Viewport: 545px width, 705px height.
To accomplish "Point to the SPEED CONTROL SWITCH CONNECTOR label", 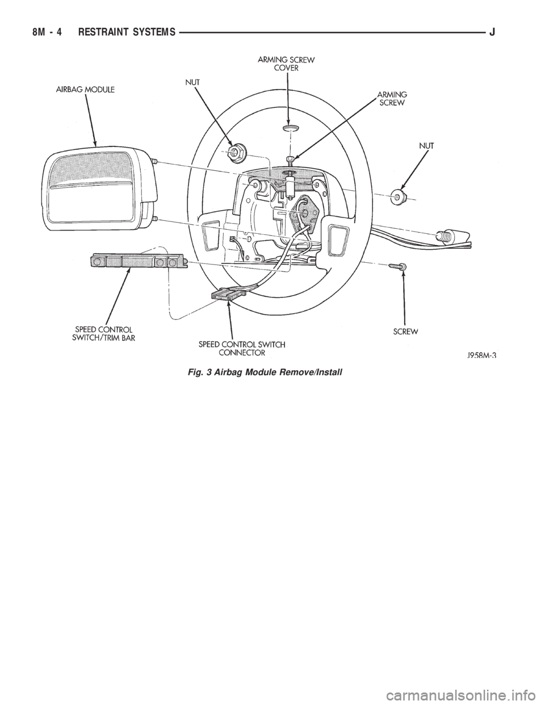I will (x=242, y=348).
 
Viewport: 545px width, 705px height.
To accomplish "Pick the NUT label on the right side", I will (x=427, y=145).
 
